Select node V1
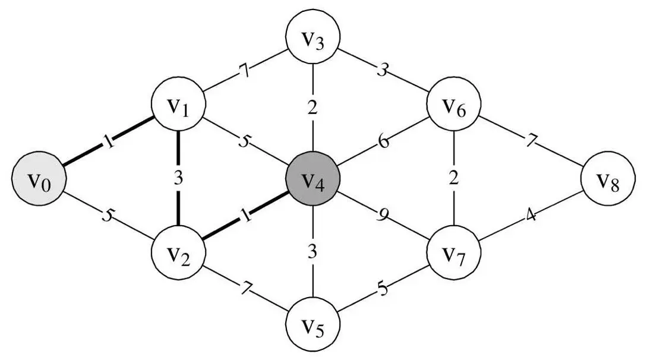(178, 107)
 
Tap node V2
(178, 254)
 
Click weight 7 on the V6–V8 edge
(531, 143)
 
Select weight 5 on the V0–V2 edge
(107, 214)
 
